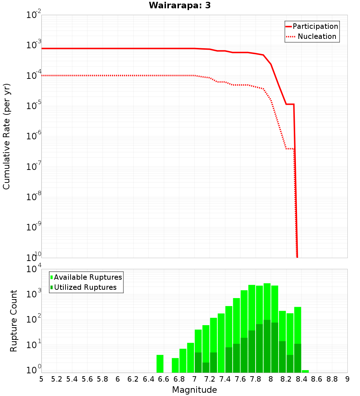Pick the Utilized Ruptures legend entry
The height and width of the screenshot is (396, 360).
pos(85,287)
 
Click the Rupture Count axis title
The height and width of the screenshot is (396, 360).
pos(14,321)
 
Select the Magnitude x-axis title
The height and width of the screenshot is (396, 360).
pos(194,390)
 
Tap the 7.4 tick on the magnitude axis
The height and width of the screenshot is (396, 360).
pos(225,379)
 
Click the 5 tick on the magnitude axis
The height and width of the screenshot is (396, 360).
pos(41,379)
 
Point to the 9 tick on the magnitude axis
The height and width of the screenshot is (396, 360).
pos(347,379)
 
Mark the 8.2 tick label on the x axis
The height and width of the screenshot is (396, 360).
pos(286,379)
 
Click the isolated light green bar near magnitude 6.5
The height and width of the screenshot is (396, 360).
pos(160,364)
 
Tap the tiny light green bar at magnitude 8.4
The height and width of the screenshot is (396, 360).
pos(305,371)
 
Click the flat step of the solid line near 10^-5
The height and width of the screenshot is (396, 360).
pos(290,104)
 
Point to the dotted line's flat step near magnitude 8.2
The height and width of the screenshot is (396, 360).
pos(290,149)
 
